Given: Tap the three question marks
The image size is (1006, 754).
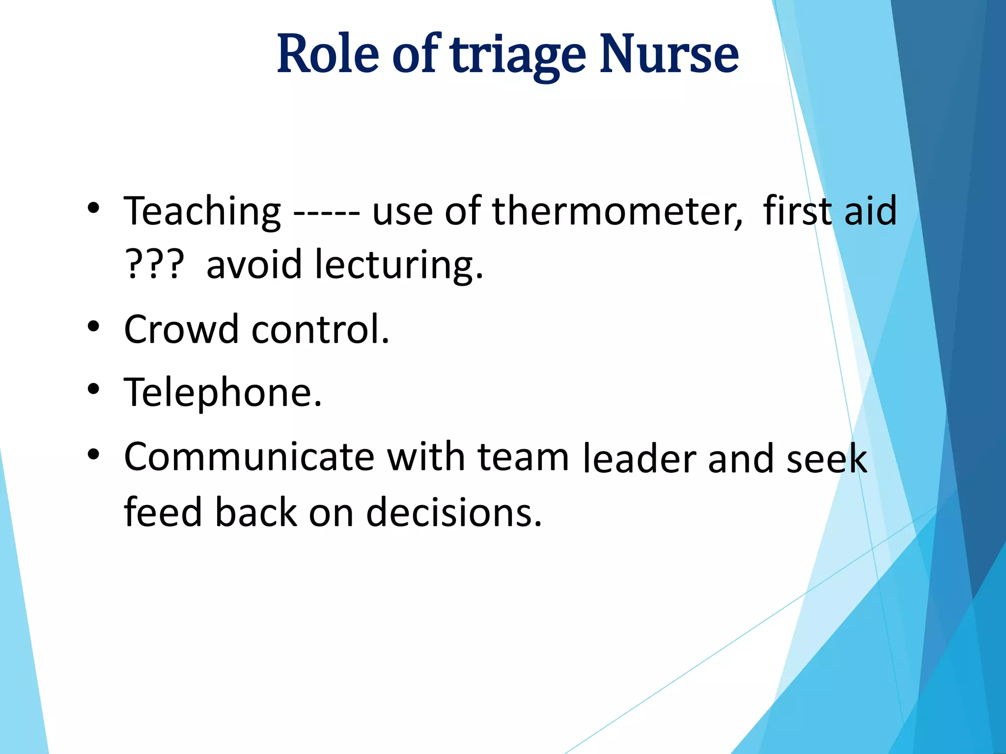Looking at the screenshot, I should (x=154, y=264).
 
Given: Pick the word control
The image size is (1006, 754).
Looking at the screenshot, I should (x=320, y=329).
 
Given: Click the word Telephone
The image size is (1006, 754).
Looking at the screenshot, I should (x=223, y=393).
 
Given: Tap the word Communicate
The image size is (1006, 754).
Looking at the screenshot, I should (x=249, y=458).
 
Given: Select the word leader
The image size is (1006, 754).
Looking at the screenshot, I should (x=639, y=458).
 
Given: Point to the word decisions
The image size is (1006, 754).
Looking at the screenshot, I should (x=454, y=512).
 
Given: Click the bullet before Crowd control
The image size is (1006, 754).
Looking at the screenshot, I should (x=93, y=326).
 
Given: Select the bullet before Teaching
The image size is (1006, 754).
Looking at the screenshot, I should (x=93, y=208).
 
